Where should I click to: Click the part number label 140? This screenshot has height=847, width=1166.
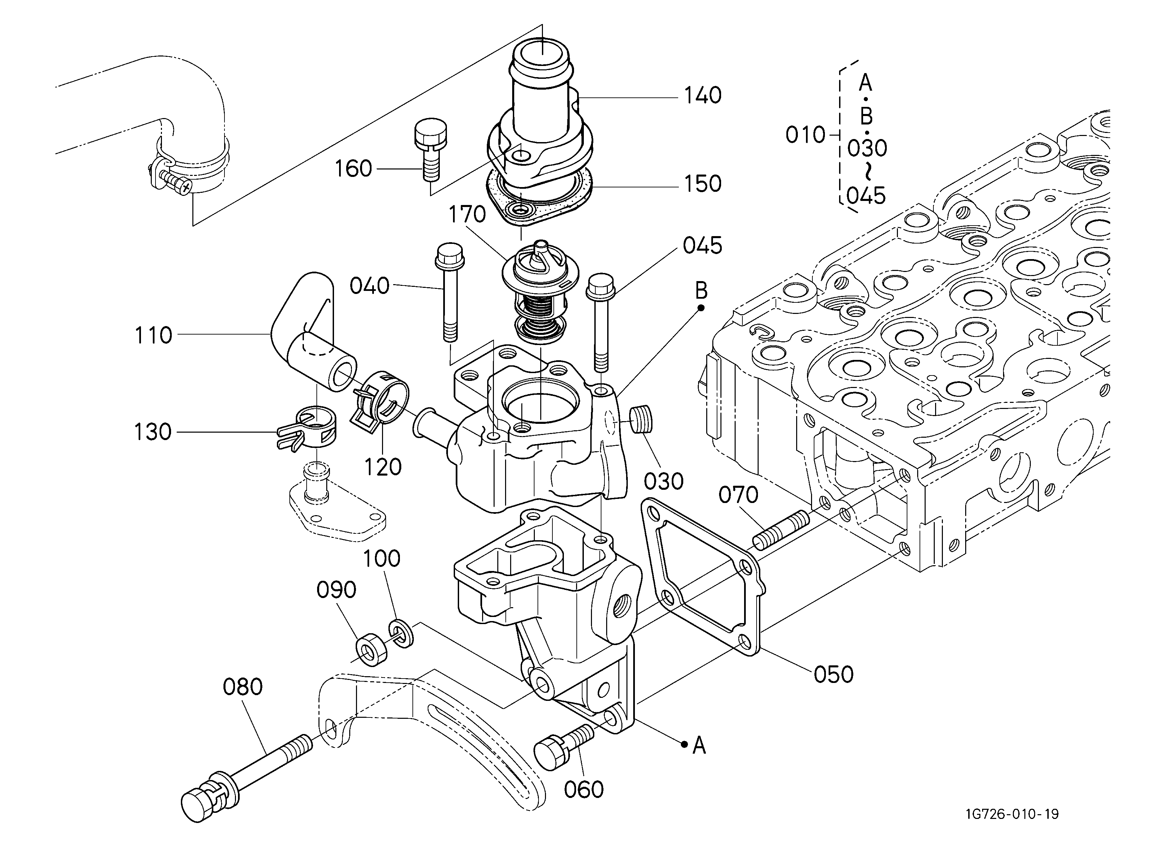pyautogui.click(x=702, y=96)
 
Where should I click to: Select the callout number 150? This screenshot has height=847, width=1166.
pyautogui.click(x=702, y=184)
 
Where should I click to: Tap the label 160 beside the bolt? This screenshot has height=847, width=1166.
pyautogui.click(x=353, y=169)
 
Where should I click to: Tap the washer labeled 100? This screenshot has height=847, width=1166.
pyautogui.click(x=401, y=635)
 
